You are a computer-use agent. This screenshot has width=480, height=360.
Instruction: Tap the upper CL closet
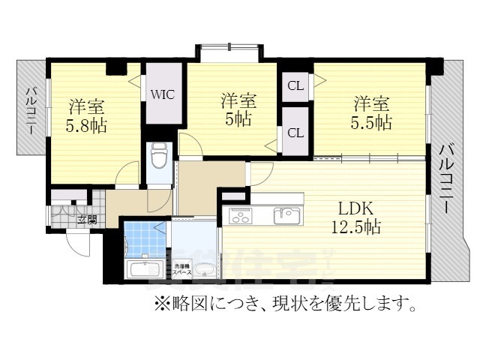click(295, 85)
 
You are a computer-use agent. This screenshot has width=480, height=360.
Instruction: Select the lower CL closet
click(295, 133)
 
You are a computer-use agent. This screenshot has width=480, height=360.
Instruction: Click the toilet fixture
click(158, 158)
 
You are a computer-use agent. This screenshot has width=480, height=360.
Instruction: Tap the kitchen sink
click(285, 216)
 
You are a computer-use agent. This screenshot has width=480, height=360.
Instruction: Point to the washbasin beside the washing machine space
click(205, 270)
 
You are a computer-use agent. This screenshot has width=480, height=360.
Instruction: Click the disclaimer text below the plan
click(286, 304)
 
